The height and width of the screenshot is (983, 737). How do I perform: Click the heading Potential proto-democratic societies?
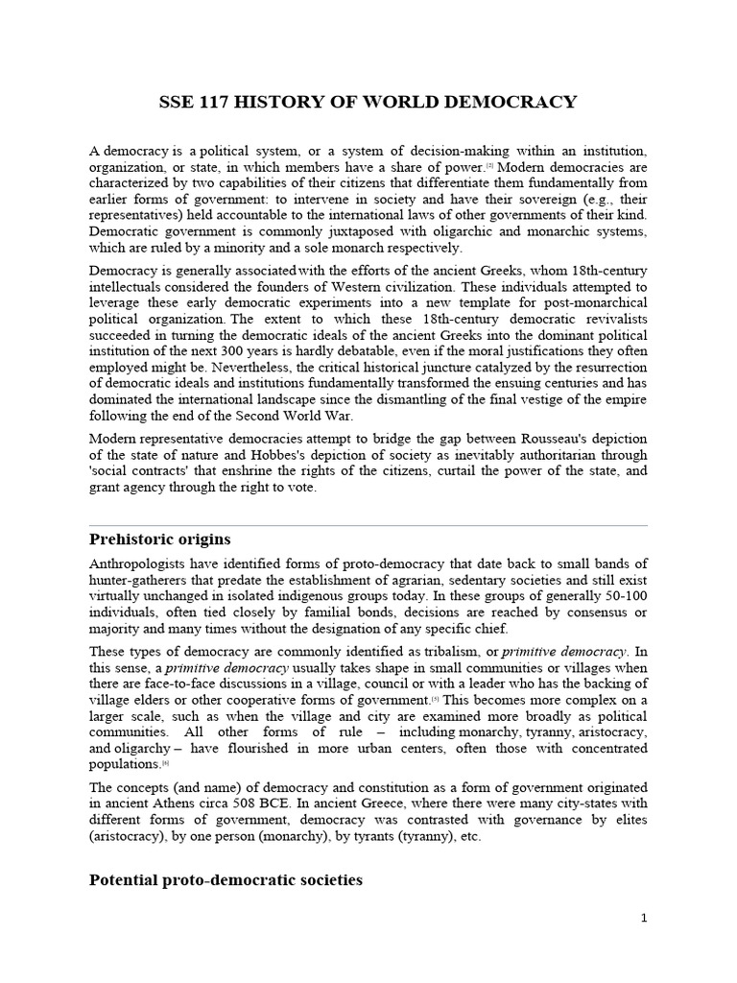click(226, 879)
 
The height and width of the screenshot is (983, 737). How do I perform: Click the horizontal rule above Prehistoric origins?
click(368, 525)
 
